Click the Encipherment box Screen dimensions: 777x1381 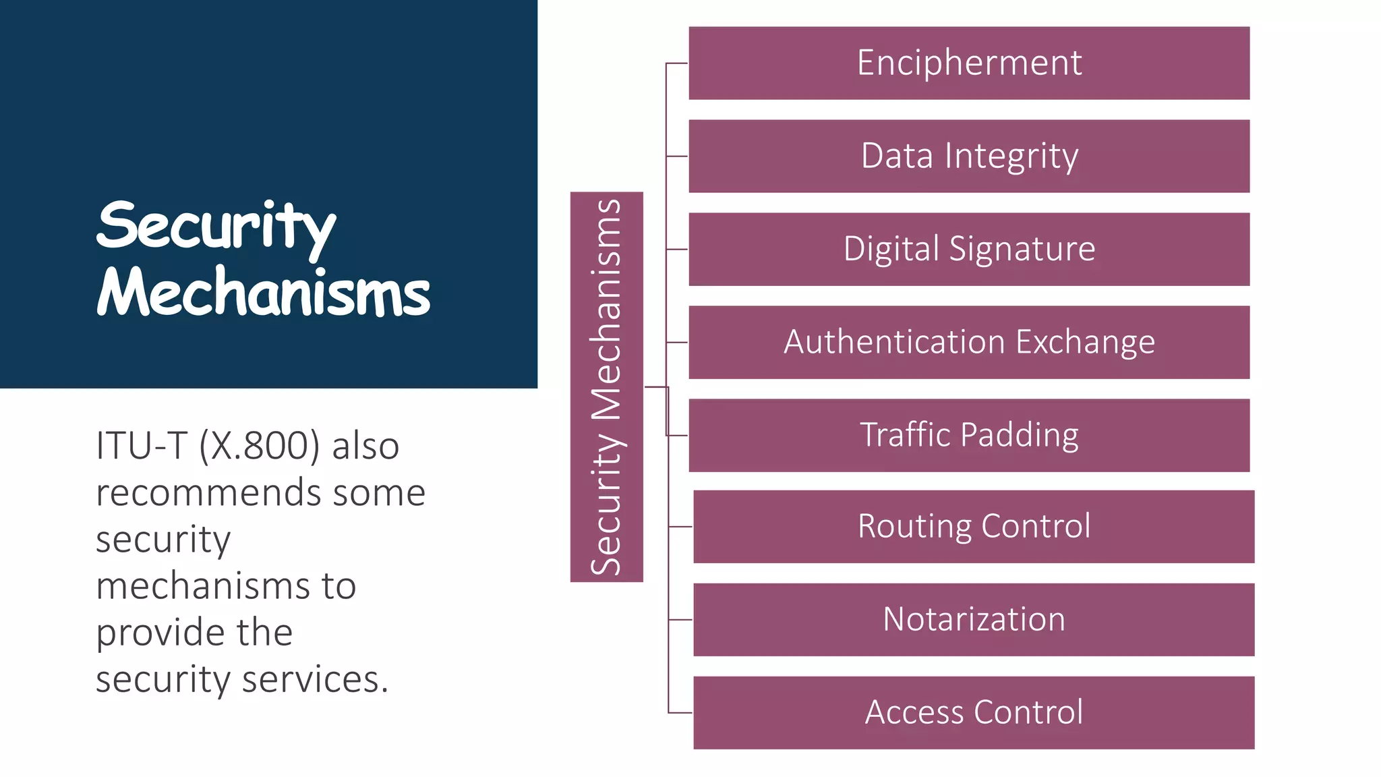tap(969, 63)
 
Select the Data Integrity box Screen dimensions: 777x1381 tap(969, 156)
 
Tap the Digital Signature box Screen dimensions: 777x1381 tap(969, 250)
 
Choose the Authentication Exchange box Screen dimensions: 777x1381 tap(969, 343)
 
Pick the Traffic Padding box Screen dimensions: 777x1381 tap(969, 436)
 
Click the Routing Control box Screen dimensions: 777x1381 tap(974, 527)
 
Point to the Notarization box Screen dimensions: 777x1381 tap(974, 620)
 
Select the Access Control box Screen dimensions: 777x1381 tap(974, 713)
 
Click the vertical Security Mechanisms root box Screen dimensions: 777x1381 tap(606, 387)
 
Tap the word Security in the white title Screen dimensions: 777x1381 tap(216, 227)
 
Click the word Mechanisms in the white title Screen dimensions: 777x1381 tap(263, 293)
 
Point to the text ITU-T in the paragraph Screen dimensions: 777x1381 tap(140, 446)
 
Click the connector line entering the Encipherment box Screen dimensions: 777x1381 tap(677, 63)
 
